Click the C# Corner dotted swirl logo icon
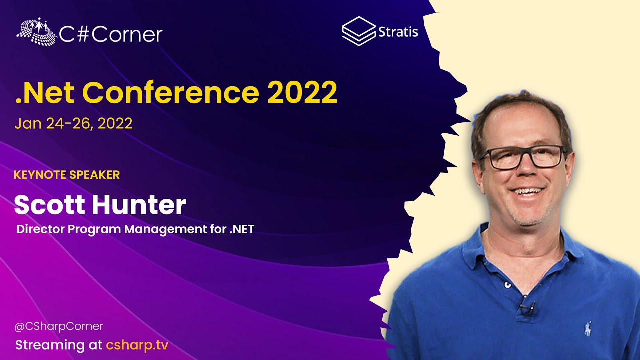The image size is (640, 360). point(36,31)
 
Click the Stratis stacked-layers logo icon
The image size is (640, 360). point(359,31)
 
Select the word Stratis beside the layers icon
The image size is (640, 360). point(398,32)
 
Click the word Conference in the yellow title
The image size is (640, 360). point(171,92)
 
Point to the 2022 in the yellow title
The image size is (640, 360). point(302,92)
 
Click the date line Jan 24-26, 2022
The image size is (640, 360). point(73,123)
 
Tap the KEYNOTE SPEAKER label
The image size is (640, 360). point(67,175)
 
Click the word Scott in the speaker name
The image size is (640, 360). point(49,205)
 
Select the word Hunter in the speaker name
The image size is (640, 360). point(139,205)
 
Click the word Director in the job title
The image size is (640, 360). point(40,229)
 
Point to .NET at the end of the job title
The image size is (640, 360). point(242,229)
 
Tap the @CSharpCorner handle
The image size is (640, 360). point(59,326)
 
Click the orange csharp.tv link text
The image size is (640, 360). point(137,345)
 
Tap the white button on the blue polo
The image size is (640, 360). point(507,285)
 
